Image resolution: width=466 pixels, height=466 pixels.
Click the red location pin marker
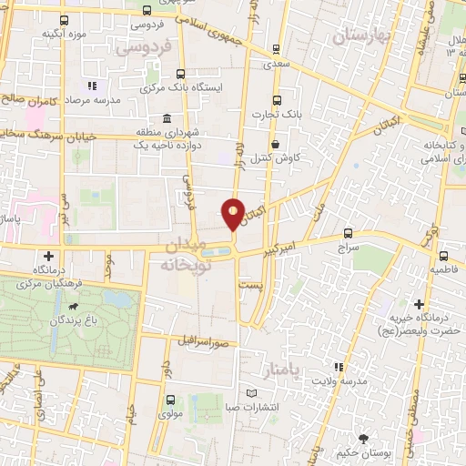click(x=233, y=213)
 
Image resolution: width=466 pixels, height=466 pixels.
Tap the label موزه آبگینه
click(x=62, y=34)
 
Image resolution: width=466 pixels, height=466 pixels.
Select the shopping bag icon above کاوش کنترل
click(x=274, y=144)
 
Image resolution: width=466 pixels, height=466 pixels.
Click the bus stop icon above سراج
click(x=349, y=233)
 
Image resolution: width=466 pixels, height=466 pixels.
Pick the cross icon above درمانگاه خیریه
click(x=420, y=304)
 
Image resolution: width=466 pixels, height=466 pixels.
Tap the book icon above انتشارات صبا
click(x=253, y=394)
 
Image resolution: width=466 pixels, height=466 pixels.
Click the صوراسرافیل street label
click(x=208, y=339)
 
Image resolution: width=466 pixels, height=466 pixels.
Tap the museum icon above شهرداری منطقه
click(x=165, y=119)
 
